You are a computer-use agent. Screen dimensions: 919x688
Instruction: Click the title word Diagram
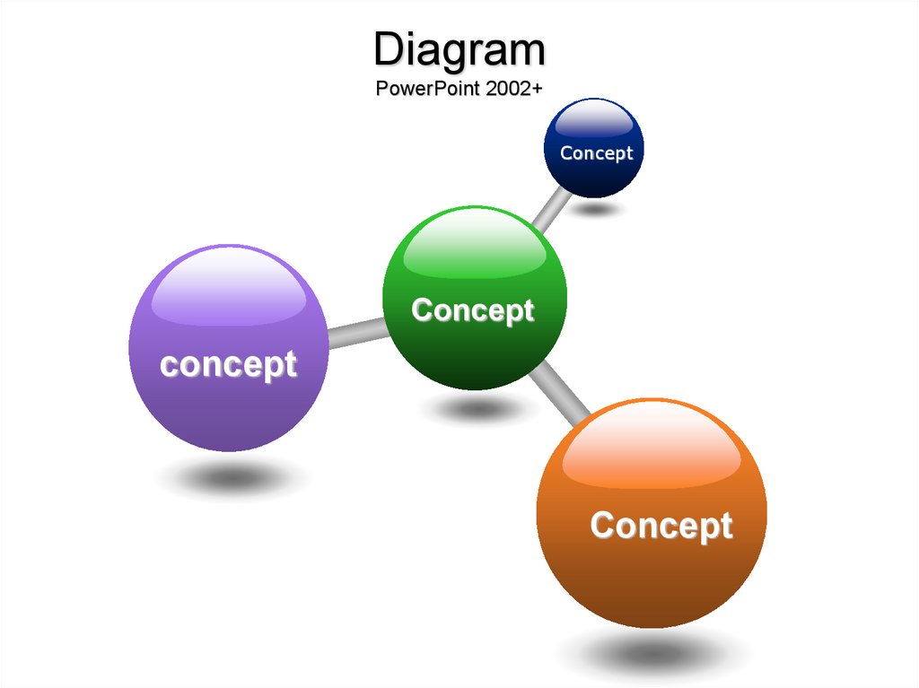[x=459, y=51]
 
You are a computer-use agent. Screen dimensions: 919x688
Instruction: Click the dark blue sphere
[x=594, y=148]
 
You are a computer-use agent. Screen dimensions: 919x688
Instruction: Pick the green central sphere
[x=475, y=298]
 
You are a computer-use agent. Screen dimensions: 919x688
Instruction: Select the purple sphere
[x=229, y=348]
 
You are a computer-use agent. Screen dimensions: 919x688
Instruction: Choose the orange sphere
[x=652, y=513]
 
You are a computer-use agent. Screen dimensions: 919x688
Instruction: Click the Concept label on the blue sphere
[x=597, y=153]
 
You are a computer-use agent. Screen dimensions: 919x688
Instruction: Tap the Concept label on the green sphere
[x=473, y=310]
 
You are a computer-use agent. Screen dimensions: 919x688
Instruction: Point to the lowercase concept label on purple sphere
[x=229, y=365]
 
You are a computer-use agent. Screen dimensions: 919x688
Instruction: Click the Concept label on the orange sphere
[x=661, y=526]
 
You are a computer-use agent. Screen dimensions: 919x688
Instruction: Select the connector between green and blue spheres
[x=552, y=210]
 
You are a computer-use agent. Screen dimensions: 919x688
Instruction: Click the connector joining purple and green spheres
[x=357, y=334]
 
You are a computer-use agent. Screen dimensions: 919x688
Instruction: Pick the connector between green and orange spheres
[x=558, y=393]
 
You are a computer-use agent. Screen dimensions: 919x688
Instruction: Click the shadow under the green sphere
[x=478, y=408]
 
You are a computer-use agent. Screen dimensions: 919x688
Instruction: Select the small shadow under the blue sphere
[x=596, y=209]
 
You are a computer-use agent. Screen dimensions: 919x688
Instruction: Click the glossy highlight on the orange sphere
[x=652, y=447]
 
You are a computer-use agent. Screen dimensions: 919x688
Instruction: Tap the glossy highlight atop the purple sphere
[x=229, y=287]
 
